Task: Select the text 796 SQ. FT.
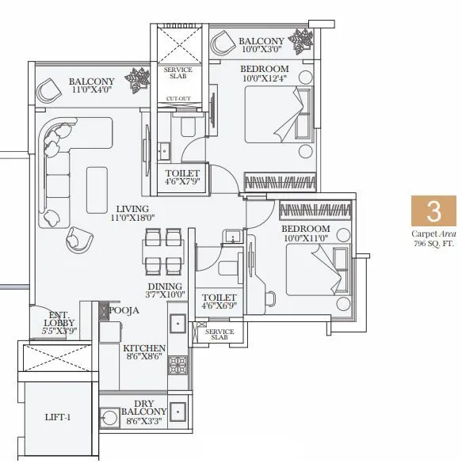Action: (433, 244)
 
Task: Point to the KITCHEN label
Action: (143, 348)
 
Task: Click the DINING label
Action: (164, 287)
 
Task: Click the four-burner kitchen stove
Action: (178, 365)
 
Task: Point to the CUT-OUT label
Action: (178, 99)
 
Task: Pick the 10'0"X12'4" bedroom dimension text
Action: (265, 79)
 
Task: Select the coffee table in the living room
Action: (97, 180)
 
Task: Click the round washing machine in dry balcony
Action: (109, 415)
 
